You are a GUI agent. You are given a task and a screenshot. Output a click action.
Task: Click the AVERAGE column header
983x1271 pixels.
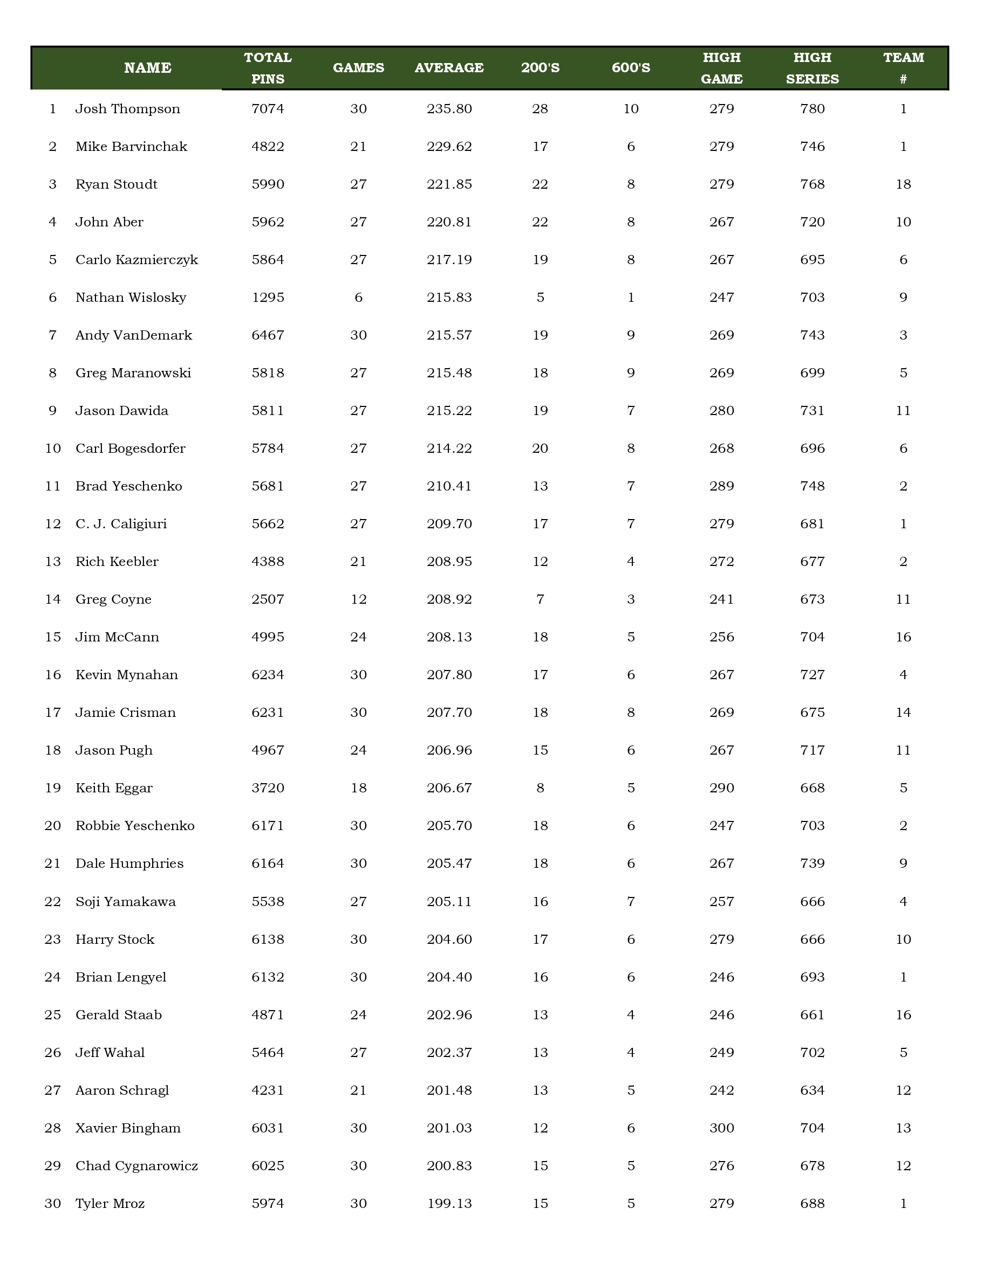click(449, 68)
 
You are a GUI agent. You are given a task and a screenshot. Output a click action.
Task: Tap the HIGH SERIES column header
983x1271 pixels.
click(812, 68)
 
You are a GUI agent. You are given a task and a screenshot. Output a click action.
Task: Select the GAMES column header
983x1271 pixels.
click(358, 68)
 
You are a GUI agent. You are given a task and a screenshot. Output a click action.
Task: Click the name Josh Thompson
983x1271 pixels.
click(127, 109)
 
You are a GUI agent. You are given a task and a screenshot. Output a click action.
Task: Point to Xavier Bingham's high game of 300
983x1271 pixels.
click(721, 1128)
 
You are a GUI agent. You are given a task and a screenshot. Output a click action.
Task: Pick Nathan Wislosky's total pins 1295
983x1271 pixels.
click(268, 298)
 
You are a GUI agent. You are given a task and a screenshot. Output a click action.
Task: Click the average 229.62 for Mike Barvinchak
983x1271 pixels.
click(449, 147)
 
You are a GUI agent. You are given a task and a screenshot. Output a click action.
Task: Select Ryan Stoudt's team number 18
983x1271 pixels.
click(903, 184)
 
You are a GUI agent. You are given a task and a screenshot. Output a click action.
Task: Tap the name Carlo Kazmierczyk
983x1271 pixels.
click(136, 260)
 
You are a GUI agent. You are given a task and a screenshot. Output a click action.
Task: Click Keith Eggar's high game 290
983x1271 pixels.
click(721, 788)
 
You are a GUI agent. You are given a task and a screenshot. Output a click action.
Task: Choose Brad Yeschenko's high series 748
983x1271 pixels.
click(812, 486)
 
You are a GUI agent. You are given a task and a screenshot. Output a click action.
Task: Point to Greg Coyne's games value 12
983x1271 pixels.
click(358, 599)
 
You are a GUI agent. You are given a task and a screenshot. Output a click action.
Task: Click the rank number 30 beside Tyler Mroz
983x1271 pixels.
click(53, 1204)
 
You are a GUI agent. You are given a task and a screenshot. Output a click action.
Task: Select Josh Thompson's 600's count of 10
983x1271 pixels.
click(631, 109)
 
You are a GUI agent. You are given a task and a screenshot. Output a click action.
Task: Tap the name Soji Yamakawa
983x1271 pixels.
click(125, 901)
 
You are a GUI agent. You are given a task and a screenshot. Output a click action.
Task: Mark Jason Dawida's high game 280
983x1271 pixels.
click(721, 411)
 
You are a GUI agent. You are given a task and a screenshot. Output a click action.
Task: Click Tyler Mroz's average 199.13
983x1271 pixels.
click(449, 1204)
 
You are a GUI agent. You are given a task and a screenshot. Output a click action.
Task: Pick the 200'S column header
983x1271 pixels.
click(540, 68)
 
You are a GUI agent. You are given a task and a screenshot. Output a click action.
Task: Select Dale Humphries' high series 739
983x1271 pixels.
click(812, 864)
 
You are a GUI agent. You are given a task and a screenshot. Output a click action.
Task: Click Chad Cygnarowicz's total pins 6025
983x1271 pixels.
click(268, 1166)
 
